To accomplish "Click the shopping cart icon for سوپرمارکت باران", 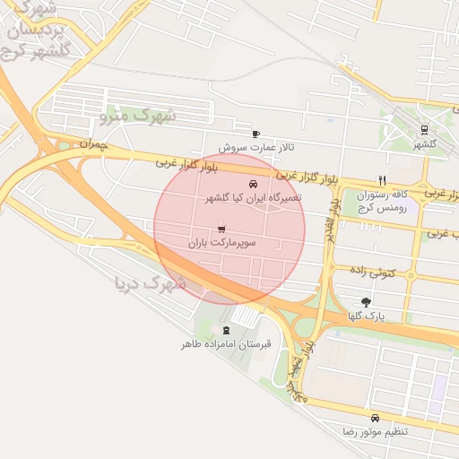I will pos(221,229).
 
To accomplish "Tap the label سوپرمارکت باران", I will pos(222,243).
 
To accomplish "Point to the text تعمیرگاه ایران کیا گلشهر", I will pos(254,197).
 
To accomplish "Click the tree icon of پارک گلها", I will pos(366,302).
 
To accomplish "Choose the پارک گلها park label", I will pos(366,316).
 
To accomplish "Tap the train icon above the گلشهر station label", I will pos(424,129).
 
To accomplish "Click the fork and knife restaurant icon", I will pos(382,180).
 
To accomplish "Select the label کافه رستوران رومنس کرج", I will pos(382,200).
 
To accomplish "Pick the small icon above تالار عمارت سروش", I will pos(256,134).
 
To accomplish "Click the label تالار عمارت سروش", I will pos(256,146).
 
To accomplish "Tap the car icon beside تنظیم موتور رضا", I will pos(375,418).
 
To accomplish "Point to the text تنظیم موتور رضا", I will pos(375,431).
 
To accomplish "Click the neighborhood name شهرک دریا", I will pos(150,285).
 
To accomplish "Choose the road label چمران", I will pos(93,143).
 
